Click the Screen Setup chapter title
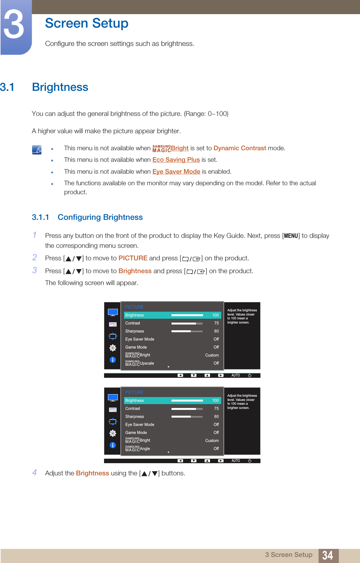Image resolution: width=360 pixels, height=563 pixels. [86, 23]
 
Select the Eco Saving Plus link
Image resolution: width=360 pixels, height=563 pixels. [176, 160]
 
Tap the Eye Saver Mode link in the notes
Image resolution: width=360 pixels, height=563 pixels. [176, 171]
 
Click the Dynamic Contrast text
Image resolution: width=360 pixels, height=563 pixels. [240, 148]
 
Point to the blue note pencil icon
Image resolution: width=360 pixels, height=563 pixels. [37, 150]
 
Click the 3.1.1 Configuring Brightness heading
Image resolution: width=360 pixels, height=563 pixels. [87, 217]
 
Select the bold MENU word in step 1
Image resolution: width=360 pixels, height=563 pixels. [291, 236]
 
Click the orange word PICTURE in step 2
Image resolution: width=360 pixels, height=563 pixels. [133, 258]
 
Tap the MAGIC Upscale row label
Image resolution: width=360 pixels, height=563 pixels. [140, 363]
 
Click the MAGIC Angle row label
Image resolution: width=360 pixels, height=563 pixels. [138, 448]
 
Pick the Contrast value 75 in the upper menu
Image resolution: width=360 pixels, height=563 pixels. [216, 323]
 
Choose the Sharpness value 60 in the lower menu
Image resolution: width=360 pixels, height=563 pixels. [216, 417]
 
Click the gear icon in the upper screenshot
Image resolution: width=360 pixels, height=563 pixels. [113, 348]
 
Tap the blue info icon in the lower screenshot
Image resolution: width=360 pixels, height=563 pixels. [113, 445]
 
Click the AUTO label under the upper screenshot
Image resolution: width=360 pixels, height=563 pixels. [236, 375]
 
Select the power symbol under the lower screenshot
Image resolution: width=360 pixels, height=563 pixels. [250, 461]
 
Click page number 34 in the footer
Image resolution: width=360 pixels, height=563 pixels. [328, 555]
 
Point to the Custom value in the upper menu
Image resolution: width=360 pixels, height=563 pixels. [212, 355]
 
